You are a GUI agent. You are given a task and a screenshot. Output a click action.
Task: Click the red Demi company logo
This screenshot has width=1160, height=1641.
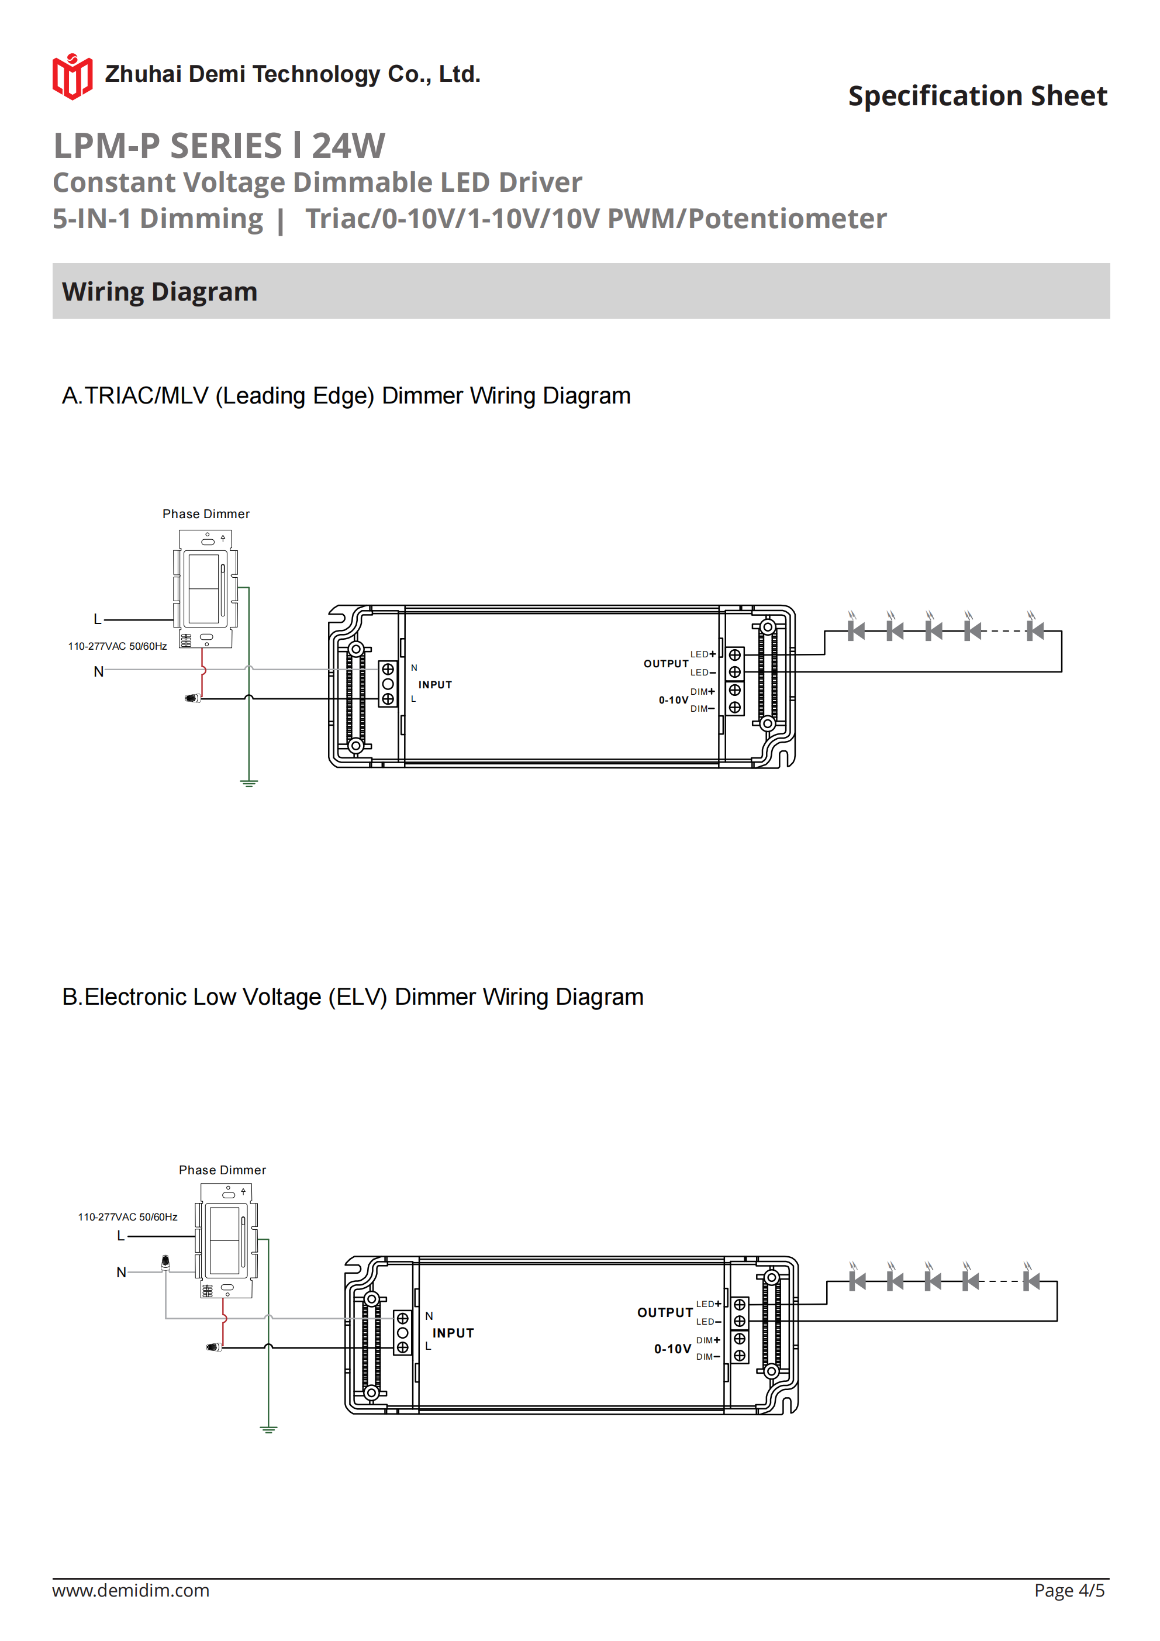pos(72,76)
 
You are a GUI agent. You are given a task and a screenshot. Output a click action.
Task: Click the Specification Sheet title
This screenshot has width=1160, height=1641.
pos(977,96)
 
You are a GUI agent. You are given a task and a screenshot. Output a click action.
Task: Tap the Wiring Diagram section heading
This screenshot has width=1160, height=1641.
pos(160,292)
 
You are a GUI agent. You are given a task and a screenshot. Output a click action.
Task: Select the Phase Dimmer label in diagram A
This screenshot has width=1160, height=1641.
pos(206,514)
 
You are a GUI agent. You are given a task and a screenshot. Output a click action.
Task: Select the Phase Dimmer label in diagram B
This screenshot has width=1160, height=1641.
pos(222,1170)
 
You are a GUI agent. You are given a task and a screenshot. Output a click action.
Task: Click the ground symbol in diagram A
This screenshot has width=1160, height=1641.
pos(248,782)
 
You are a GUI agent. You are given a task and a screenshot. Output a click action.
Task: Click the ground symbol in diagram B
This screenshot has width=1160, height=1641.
pos(268,1429)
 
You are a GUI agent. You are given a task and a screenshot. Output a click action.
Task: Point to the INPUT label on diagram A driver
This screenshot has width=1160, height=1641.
pos(434,685)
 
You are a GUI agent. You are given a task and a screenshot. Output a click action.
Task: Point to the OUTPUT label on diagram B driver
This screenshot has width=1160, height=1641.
pos(665,1312)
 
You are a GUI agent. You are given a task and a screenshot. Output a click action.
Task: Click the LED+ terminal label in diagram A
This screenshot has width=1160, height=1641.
pos(702,654)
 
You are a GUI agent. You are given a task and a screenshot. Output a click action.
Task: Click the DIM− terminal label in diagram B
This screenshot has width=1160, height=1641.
pos(707,1357)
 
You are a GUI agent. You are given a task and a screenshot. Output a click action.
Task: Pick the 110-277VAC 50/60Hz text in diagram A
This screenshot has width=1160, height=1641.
pos(117,646)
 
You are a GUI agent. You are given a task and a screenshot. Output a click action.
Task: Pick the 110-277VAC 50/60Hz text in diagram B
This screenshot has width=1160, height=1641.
pos(127,1216)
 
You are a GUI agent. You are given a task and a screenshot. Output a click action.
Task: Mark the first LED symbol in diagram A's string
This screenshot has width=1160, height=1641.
pos(855,630)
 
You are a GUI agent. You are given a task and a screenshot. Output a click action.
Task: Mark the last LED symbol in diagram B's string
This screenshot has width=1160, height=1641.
pos(1031,1281)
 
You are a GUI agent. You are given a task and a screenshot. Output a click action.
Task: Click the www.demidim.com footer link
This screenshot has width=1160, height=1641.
pos(131,1590)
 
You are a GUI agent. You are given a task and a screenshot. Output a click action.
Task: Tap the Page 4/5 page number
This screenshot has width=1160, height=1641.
pos(1069,1590)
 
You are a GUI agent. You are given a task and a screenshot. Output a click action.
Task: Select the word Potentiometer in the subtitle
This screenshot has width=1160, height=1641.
pos(787,219)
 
